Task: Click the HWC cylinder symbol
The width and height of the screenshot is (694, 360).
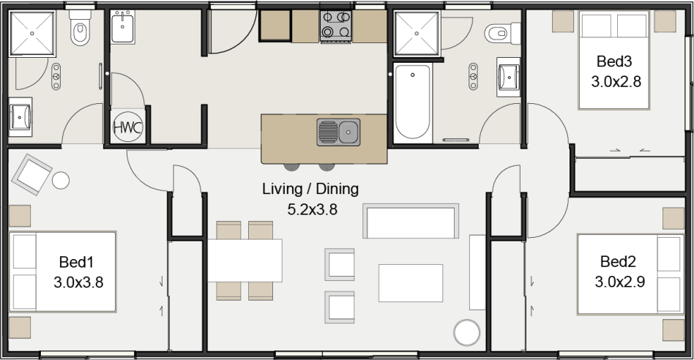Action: click(127, 127)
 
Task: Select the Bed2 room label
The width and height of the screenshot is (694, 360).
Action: click(619, 261)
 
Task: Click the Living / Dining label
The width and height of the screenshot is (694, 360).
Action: click(310, 189)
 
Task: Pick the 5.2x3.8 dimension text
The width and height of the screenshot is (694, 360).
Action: click(310, 209)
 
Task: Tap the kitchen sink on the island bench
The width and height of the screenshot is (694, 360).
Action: click(338, 132)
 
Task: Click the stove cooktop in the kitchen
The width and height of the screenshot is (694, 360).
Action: click(337, 25)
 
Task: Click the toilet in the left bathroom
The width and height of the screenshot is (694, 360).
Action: click(78, 30)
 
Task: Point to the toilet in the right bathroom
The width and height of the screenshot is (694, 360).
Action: click(500, 31)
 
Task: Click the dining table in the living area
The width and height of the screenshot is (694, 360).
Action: click(245, 260)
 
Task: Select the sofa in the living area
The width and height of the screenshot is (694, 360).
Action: click(411, 222)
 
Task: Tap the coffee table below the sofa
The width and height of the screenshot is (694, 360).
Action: click(410, 283)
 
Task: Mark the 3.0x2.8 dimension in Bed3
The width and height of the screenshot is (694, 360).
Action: click(616, 81)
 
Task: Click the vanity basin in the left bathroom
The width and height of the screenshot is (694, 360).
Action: click(20, 116)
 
